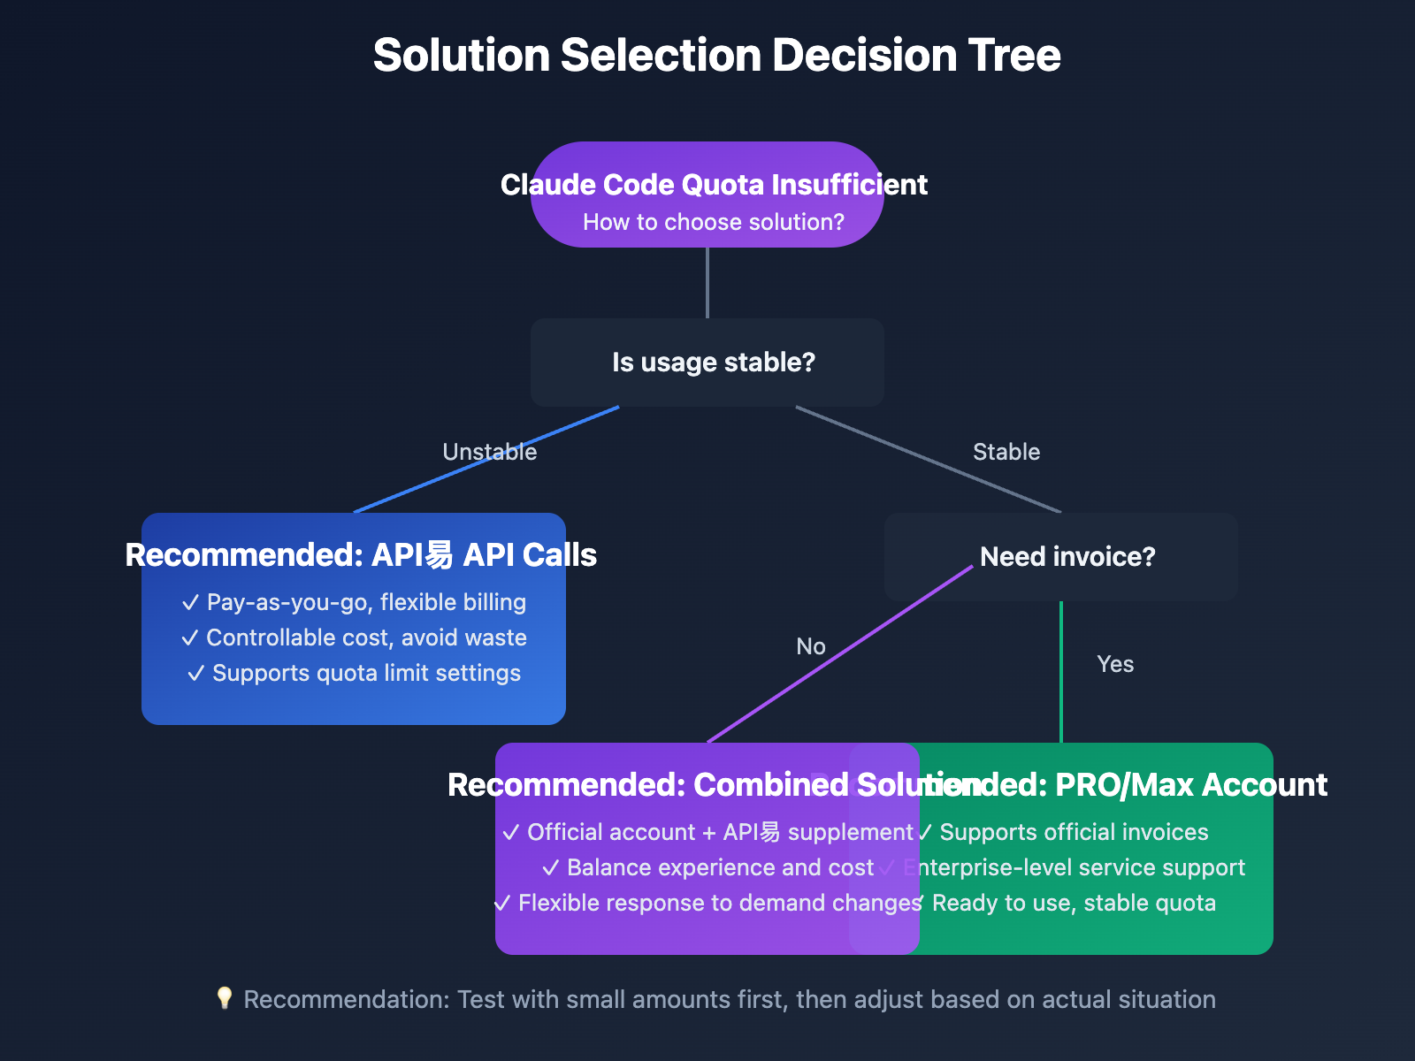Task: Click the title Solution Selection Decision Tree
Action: pyautogui.click(x=716, y=55)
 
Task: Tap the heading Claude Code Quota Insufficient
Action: pyautogui.click(x=713, y=184)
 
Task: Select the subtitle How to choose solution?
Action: pyautogui.click(x=713, y=222)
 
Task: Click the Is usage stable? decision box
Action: pyautogui.click(x=707, y=363)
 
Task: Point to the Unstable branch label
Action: pyautogui.click(x=489, y=452)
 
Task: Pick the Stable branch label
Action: pyautogui.click(x=1006, y=452)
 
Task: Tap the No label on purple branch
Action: pyautogui.click(x=810, y=646)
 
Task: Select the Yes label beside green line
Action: pyautogui.click(x=1114, y=664)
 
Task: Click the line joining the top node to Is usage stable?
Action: pyautogui.click(x=707, y=283)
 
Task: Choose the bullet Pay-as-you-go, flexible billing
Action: pyautogui.click(x=354, y=602)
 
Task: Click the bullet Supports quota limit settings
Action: pyautogui.click(x=354, y=673)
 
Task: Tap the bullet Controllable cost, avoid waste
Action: pyautogui.click(x=354, y=637)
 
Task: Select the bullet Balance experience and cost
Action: pyautogui.click(x=707, y=867)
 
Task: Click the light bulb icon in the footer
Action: pyautogui.click(x=225, y=998)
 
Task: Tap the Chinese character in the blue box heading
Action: pyautogui.click(x=439, y=555)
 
